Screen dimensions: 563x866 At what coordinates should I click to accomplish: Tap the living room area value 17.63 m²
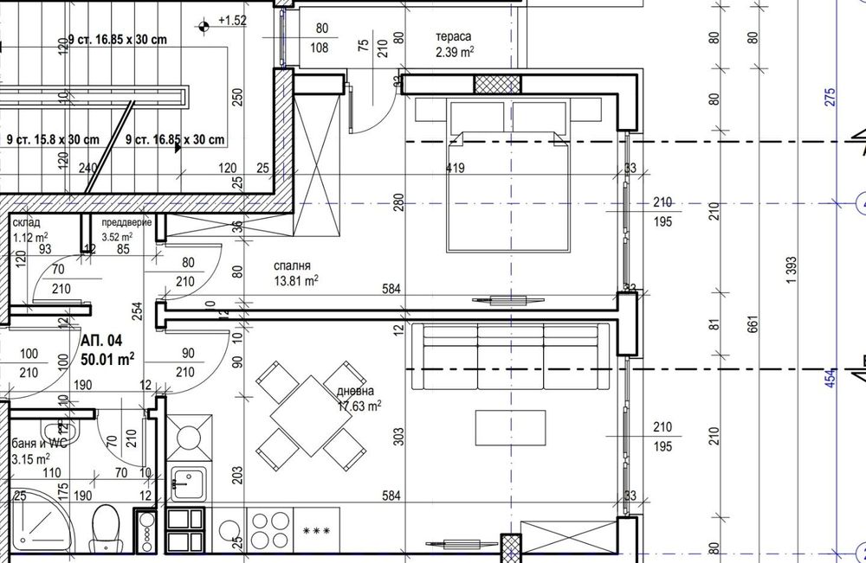(359, 405)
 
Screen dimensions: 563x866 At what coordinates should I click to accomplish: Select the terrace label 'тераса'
(454, 37)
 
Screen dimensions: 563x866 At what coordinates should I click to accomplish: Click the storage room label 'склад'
(26, 222)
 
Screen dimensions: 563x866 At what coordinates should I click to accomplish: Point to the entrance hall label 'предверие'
(126, 222)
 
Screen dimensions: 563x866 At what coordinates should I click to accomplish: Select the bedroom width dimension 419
(455, 169)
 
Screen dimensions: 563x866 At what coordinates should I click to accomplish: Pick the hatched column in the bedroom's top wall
(497, 84)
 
